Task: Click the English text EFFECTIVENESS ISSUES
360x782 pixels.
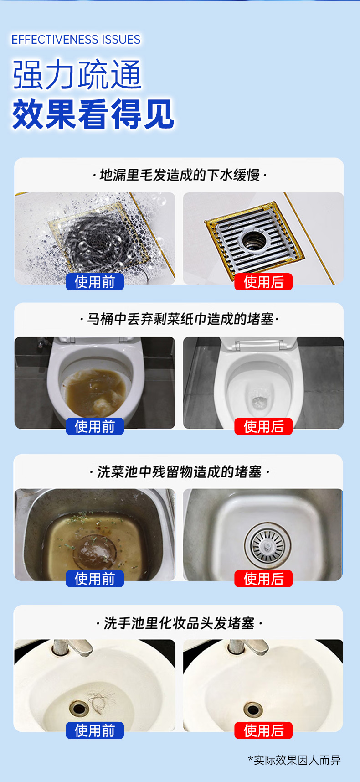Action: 76,40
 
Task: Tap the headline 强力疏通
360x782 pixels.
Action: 77,74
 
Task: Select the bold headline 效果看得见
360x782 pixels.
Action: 93,114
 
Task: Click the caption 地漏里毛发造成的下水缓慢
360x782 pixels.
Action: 179,175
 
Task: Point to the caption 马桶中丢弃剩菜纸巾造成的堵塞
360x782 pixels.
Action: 179,319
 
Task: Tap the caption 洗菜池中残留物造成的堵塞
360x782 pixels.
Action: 179,471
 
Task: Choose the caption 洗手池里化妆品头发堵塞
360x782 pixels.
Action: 179,623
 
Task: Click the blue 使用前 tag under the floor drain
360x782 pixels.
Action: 95,282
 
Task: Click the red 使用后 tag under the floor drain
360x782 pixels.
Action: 263,282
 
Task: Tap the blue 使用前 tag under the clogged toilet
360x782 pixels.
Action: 95,426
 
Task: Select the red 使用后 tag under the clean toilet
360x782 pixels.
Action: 263,426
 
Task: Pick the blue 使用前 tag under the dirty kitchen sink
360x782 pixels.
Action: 95,579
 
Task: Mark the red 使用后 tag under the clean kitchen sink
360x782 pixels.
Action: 263,579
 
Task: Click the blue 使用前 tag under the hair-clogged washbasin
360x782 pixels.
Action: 95,730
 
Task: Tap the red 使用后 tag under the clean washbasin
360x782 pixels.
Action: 263,730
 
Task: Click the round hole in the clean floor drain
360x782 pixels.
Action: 254,238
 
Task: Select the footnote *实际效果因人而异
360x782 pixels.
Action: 294,760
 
